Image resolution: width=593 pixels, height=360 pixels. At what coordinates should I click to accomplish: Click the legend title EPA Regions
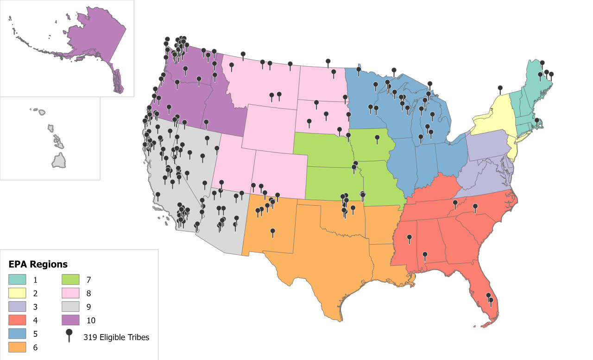coord(38,265)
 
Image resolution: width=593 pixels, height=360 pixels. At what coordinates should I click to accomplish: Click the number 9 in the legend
coord(88,307)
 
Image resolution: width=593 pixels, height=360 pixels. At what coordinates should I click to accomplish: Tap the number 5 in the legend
coord(35,333)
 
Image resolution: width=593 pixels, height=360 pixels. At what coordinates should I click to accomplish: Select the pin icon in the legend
coord(69,335)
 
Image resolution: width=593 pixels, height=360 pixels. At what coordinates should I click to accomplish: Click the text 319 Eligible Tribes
coord(116,337)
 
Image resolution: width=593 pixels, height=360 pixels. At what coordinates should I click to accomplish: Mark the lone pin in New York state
coord(500,88)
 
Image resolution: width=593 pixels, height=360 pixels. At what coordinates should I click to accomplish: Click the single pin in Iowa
coord(377,138)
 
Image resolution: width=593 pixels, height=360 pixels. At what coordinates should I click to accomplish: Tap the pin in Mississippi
coord(409,238)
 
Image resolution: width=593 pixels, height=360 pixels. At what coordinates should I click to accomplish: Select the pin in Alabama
coord(425,255)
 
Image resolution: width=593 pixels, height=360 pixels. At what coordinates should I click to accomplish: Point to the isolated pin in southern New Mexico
coord(272,232)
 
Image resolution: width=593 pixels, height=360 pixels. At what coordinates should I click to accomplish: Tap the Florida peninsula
coord(482,297)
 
